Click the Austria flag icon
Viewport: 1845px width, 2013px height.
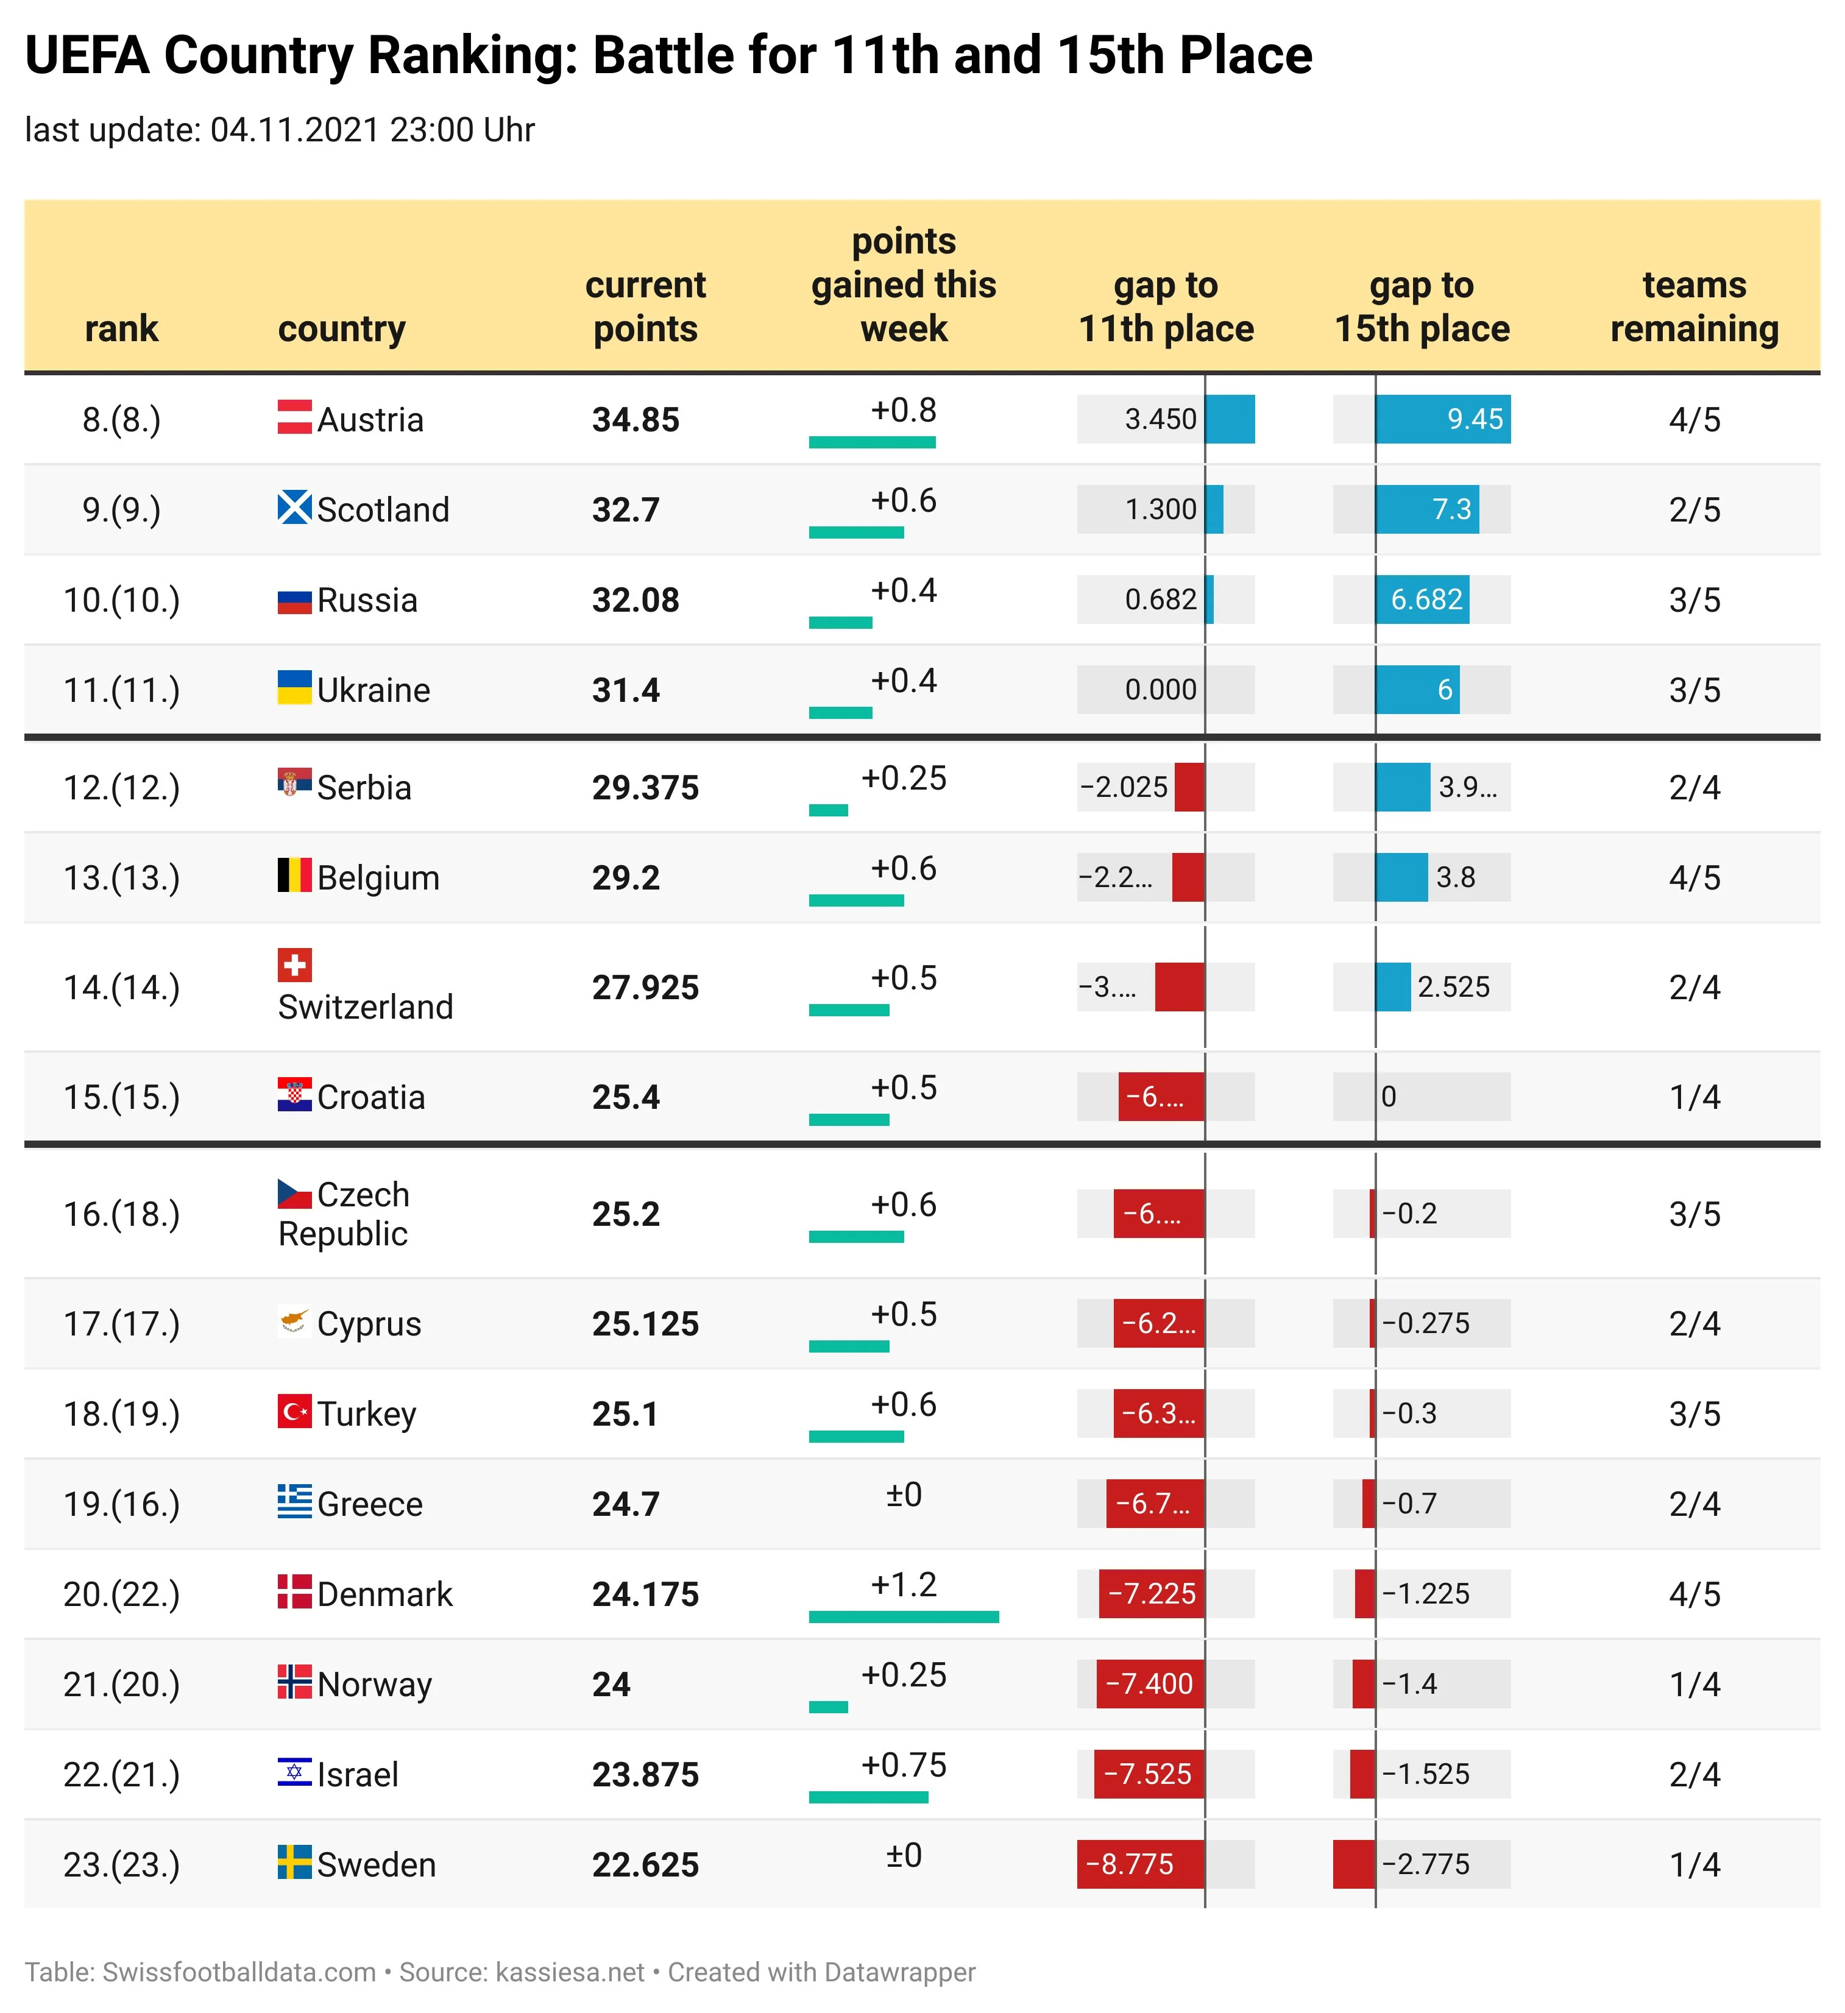[x=294, y=416]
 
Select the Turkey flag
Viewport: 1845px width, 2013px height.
[x=294, y=1412]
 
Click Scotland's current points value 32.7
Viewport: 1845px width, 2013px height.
[x=626, y=510]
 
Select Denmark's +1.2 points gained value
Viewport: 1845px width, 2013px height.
[x=904, y=1585]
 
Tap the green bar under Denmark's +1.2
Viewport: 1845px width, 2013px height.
[x=904, y=1616]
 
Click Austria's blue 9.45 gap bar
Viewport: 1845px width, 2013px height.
[x=1443, y=419]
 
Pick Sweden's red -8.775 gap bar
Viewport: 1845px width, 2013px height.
[x=1140, y=1864]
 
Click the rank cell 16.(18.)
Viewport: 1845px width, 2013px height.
[x=122, y=1214]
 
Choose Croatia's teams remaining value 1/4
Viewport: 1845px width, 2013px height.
[x=1694, y=1097]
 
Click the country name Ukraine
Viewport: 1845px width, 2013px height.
[x=374, y=690]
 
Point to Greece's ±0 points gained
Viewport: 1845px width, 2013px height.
[x=904, y=1495]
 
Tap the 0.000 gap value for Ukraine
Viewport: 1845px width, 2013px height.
[x=1160, y=690]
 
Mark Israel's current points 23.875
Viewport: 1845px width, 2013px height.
[x=645, y=1774]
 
